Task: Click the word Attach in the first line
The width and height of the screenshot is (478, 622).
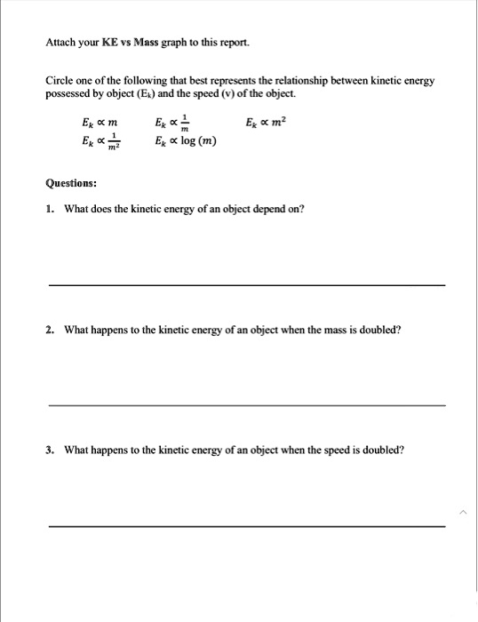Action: [60, 42]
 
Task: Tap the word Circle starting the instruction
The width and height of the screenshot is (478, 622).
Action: [60, 81]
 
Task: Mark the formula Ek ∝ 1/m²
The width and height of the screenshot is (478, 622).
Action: [101, 142]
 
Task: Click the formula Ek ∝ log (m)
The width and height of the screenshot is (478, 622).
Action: [186, 141]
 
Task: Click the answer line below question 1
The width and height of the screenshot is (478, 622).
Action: [246, 284]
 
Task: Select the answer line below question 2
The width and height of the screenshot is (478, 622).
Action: [246, 405]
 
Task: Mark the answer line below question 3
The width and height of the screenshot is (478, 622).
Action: [246, 526]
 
